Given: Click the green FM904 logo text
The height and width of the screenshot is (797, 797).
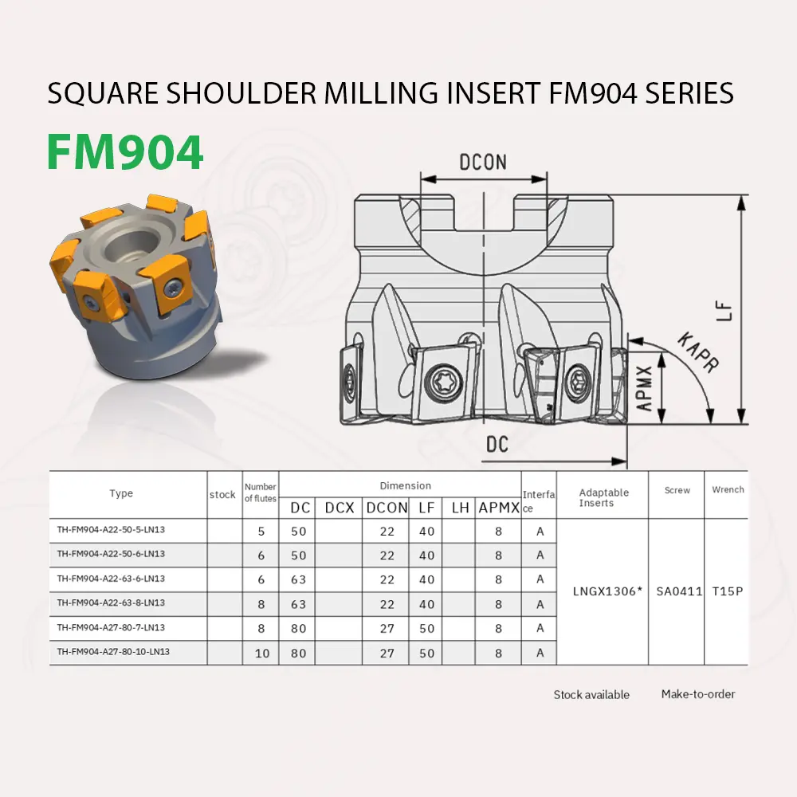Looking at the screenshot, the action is [x=125, y=152].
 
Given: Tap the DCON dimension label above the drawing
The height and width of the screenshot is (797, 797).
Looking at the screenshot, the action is [x=483, y=162].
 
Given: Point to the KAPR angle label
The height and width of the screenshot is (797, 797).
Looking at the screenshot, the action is [x=698, y=352].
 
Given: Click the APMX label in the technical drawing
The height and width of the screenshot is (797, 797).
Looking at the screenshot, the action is [x=644, y=388].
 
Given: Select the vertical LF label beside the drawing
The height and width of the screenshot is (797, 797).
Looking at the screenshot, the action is [x=724, y=311].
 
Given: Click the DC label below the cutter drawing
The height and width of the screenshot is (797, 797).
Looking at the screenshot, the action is [x=497, y=444].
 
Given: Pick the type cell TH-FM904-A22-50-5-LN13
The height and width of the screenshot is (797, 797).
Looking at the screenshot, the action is [x=111, y=530].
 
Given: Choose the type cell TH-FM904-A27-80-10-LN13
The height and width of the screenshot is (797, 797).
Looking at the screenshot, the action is [x=113, y=652].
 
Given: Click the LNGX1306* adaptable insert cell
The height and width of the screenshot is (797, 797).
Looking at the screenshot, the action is [x=607, y=591].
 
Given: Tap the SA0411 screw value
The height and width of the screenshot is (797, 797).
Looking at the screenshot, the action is [x=679, y=591].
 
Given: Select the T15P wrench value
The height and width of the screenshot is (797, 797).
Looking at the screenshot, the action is [x=728, y=591].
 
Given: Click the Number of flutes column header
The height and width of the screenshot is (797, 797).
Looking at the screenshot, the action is [x=261, y=493].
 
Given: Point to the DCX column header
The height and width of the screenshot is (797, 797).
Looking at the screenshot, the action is [x=339, y=508].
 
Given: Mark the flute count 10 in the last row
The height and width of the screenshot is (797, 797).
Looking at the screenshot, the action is [x=261, y=654].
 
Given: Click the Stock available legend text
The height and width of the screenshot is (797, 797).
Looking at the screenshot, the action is [x=591, y=695].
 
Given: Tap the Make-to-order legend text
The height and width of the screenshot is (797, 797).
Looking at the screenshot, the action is [x=698, y=694].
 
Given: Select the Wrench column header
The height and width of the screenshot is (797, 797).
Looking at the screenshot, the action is [x=728, y=489].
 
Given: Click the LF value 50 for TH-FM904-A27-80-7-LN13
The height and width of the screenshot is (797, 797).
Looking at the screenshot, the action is [x=427, y=629].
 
